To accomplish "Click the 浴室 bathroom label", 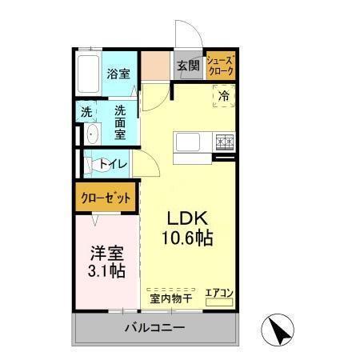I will (121, 73).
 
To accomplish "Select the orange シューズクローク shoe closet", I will (221, 66).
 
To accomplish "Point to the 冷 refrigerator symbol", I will (224, 98).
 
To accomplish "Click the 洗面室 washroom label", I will (120, 121).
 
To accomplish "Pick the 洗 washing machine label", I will (86, 112).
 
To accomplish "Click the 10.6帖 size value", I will (189, 238).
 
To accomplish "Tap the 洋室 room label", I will (106, 254).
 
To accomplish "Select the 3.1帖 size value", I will (106, 272).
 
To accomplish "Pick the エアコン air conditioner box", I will (218, 294).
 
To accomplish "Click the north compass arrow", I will (278, 330).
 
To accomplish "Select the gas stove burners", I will (223, 142).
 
